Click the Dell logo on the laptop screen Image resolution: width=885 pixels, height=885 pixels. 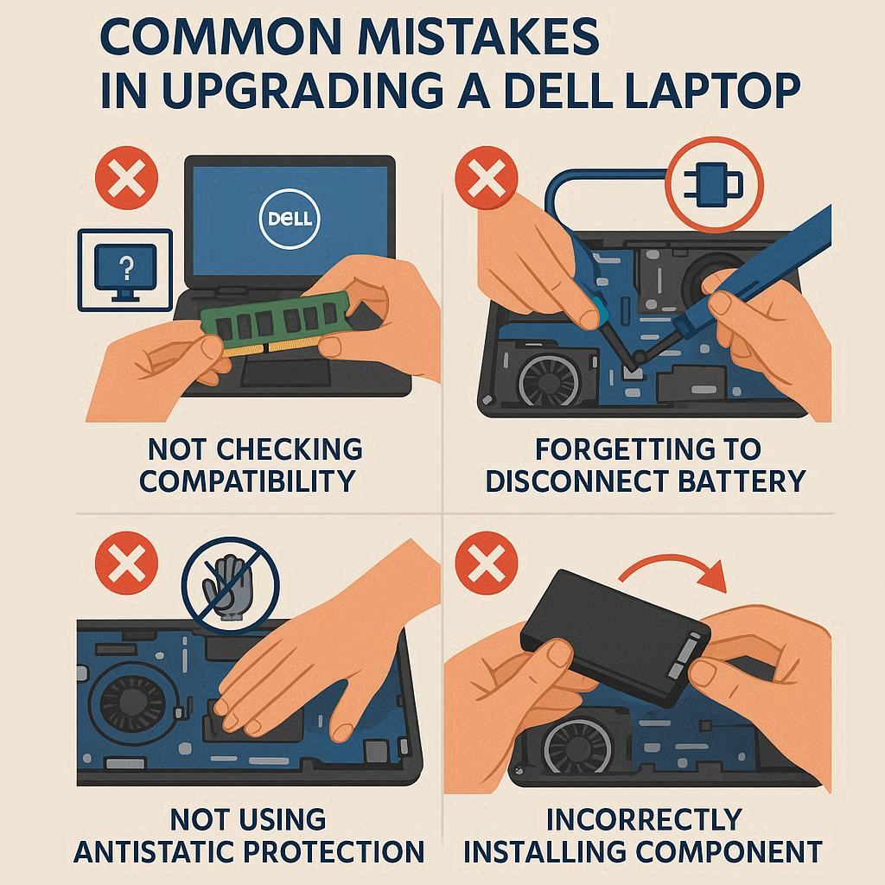(x=290, y=219)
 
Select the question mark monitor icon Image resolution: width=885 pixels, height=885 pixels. (x=124, y=270)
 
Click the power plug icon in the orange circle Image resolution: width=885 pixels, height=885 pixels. (x=713, y=185)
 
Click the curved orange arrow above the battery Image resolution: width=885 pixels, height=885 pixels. (x=672, y=570)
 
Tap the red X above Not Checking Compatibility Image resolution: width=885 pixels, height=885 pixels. (x=126, y=178)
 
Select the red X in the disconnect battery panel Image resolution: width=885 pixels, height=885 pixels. (x=487, y=178)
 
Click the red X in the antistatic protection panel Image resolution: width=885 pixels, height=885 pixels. (x=126, y=563)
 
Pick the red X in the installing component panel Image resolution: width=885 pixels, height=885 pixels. (x=487, y=563)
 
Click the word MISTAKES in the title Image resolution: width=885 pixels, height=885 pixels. (x=478, y=37)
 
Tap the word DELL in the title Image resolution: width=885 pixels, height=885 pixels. (x=559, y=90)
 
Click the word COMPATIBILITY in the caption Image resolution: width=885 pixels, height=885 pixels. (x=247, y=481)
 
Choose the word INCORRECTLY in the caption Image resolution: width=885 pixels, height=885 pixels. (x=644, y=820)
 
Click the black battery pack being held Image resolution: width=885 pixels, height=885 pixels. (x=615, y=637)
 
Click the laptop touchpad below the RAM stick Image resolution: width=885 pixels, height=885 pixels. (x=285, y=372)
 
